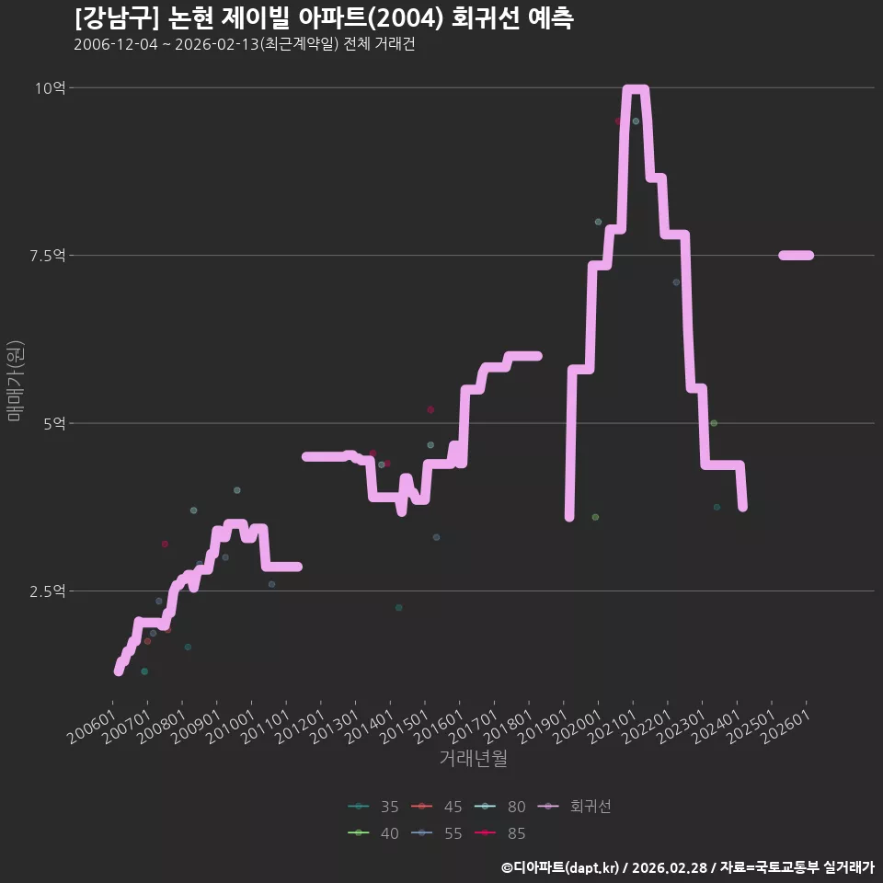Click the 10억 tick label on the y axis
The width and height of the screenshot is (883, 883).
click(50, 88)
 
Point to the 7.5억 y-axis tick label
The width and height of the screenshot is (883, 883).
click(47, 256)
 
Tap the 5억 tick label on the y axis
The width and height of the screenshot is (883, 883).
click(54, 423)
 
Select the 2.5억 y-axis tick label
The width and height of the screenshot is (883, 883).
click(47, 591)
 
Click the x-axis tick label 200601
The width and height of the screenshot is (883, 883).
click(92, 727)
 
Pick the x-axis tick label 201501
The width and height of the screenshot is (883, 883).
click(404, 727)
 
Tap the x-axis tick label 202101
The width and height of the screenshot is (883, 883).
click(613, 727)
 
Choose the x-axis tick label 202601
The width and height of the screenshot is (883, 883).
click(786, 727)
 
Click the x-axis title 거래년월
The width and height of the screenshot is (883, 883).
click(473, 758)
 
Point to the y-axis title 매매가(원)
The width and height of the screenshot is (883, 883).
click(15, 381)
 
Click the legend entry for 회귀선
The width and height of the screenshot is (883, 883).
click(574, 807)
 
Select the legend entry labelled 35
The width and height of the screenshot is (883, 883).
click(373, 807)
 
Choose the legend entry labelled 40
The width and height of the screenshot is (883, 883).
click(373, 833)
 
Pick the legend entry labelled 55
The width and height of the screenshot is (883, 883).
click(436, 833)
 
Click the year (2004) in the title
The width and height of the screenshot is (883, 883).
click(407, 18)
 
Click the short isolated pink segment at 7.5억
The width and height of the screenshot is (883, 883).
click(796, 255)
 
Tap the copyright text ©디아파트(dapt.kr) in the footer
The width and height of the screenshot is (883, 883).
click(560, 867)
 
